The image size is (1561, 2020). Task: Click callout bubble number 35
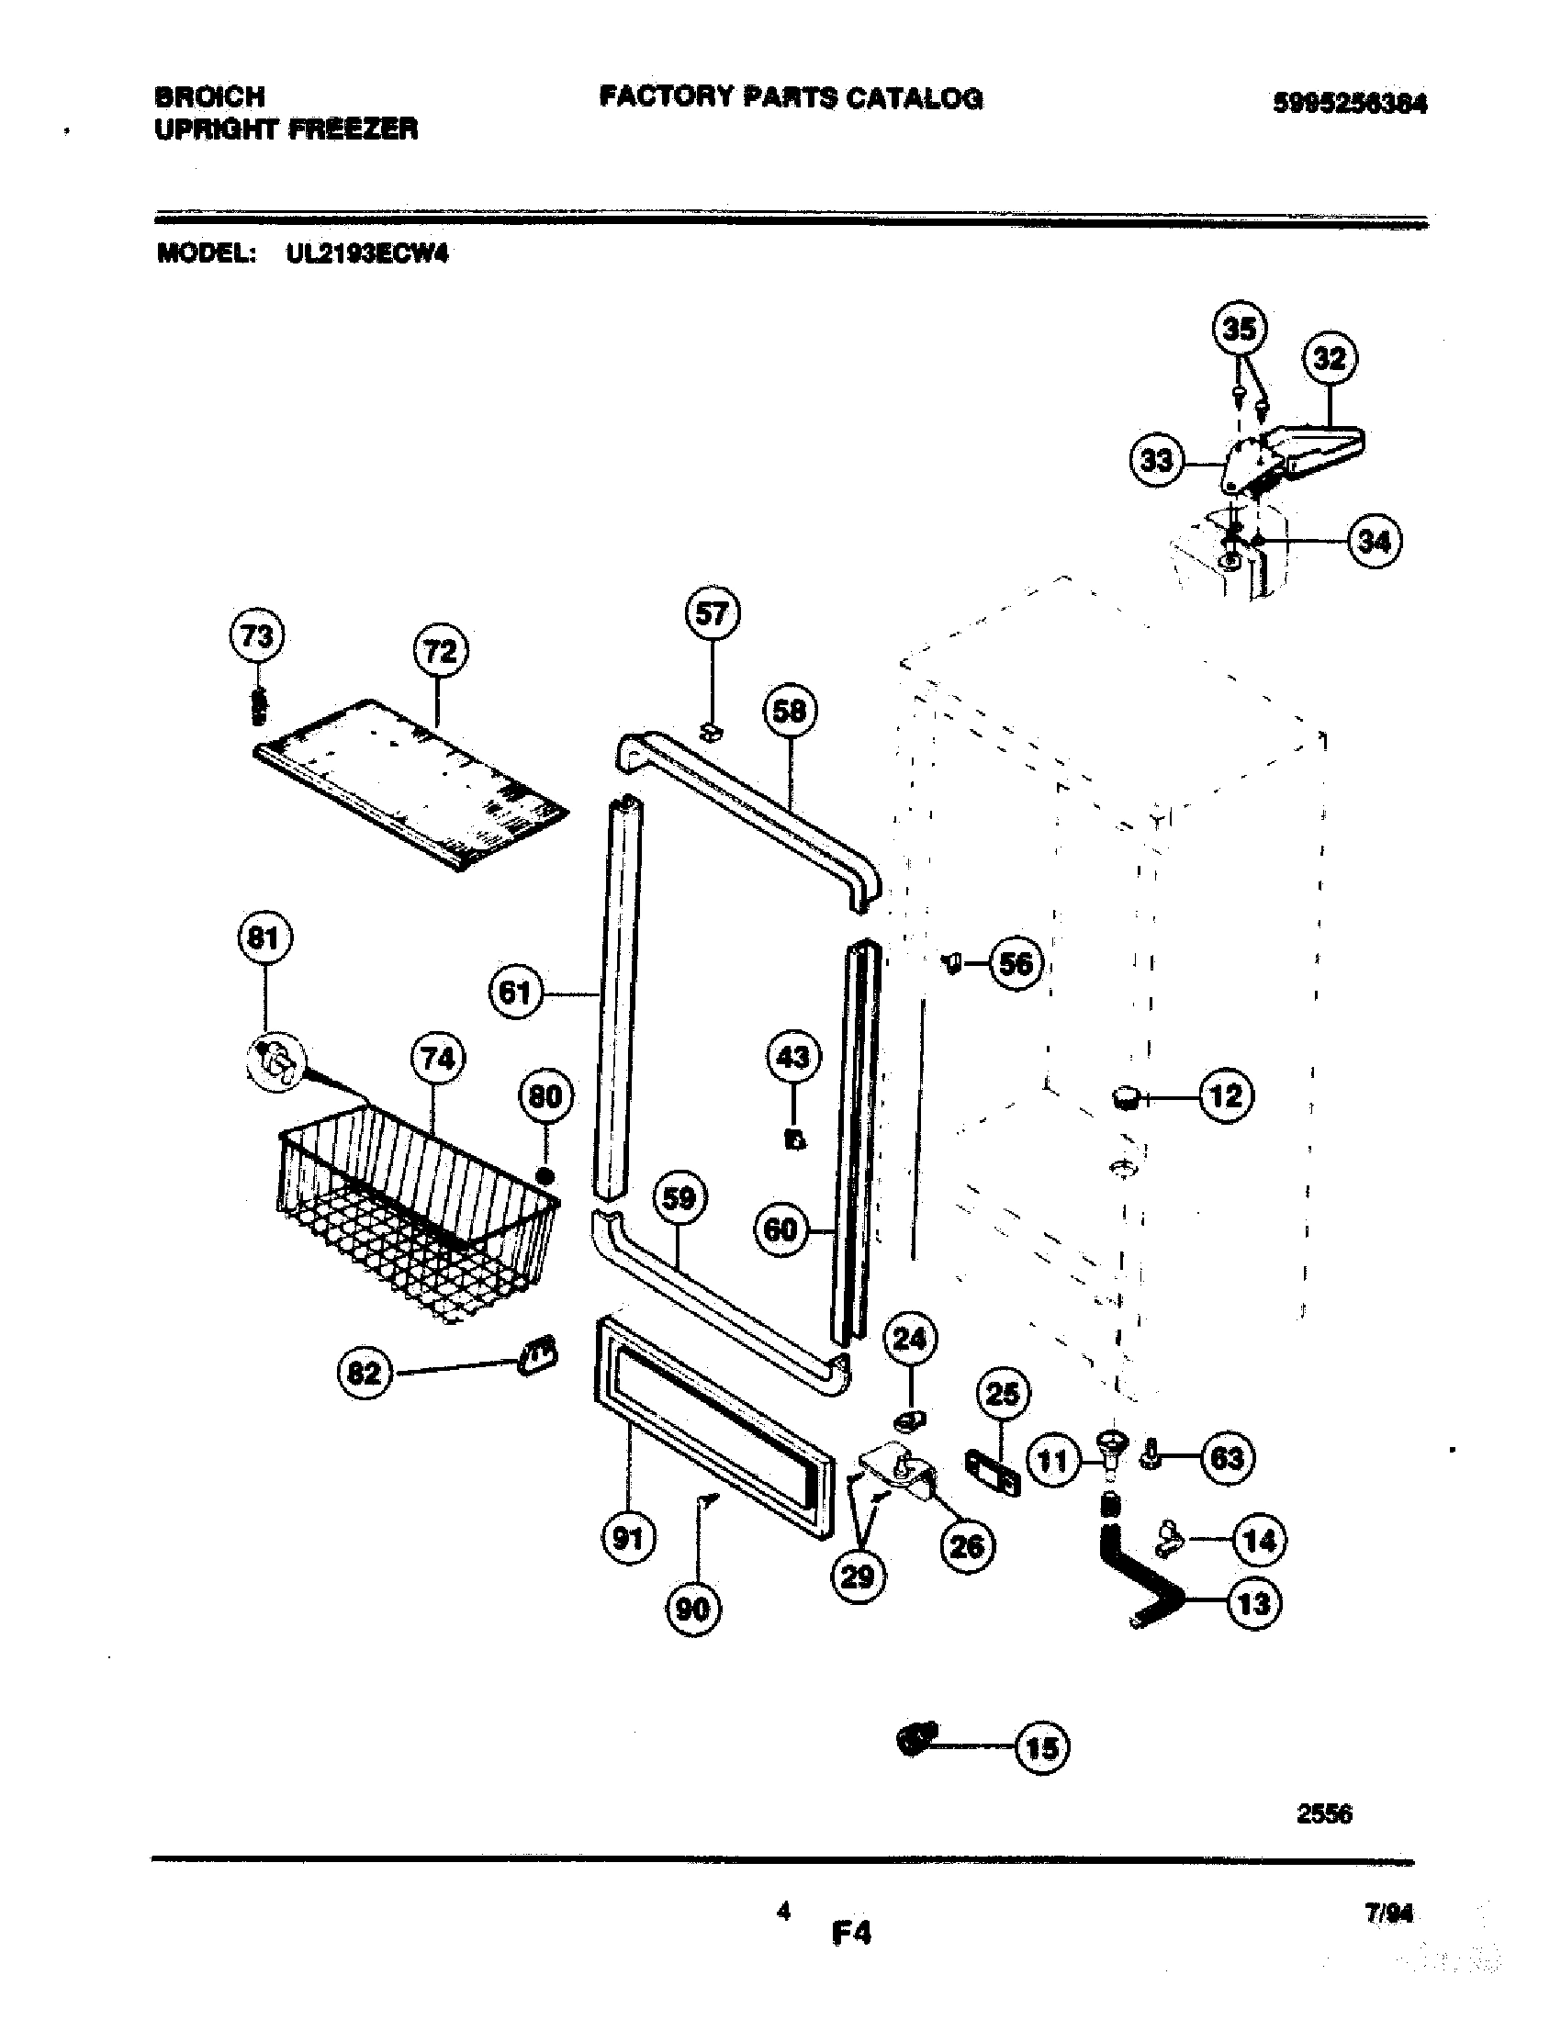coord(1240,329)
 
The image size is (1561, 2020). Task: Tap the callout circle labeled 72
coord(439,652)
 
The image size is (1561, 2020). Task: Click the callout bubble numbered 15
coord(1042,1748)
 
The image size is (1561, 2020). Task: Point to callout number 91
coord(628,1538)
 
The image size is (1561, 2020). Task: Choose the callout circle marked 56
coord(1016,964)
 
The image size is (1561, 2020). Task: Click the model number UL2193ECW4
coord(367,253)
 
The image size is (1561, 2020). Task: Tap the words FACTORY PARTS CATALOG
coord(791,97)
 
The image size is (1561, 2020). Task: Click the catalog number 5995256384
coord(1349,103)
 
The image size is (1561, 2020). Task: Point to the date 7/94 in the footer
coord(1389,1913)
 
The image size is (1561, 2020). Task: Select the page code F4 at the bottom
coord(851,1932)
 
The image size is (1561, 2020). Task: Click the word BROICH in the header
coord(210,96)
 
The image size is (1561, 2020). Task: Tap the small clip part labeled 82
coord(538,1356)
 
